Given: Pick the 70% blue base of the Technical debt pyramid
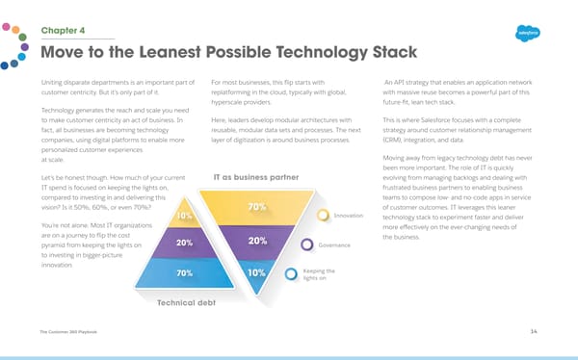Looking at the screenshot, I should pyautogui.click(x=183, y=273).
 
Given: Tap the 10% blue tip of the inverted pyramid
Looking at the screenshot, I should pyautogui.click(x=254, y=273).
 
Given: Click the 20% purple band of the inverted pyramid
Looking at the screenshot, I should pyautogui.click(x=256, y=242).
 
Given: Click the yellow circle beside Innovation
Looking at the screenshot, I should pyautogui.click(x=324, y=214).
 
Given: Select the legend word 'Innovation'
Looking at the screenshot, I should pyautogui.click(x=351, y=214).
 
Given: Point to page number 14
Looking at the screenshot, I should pyautogui.click(x=533, y=330).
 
